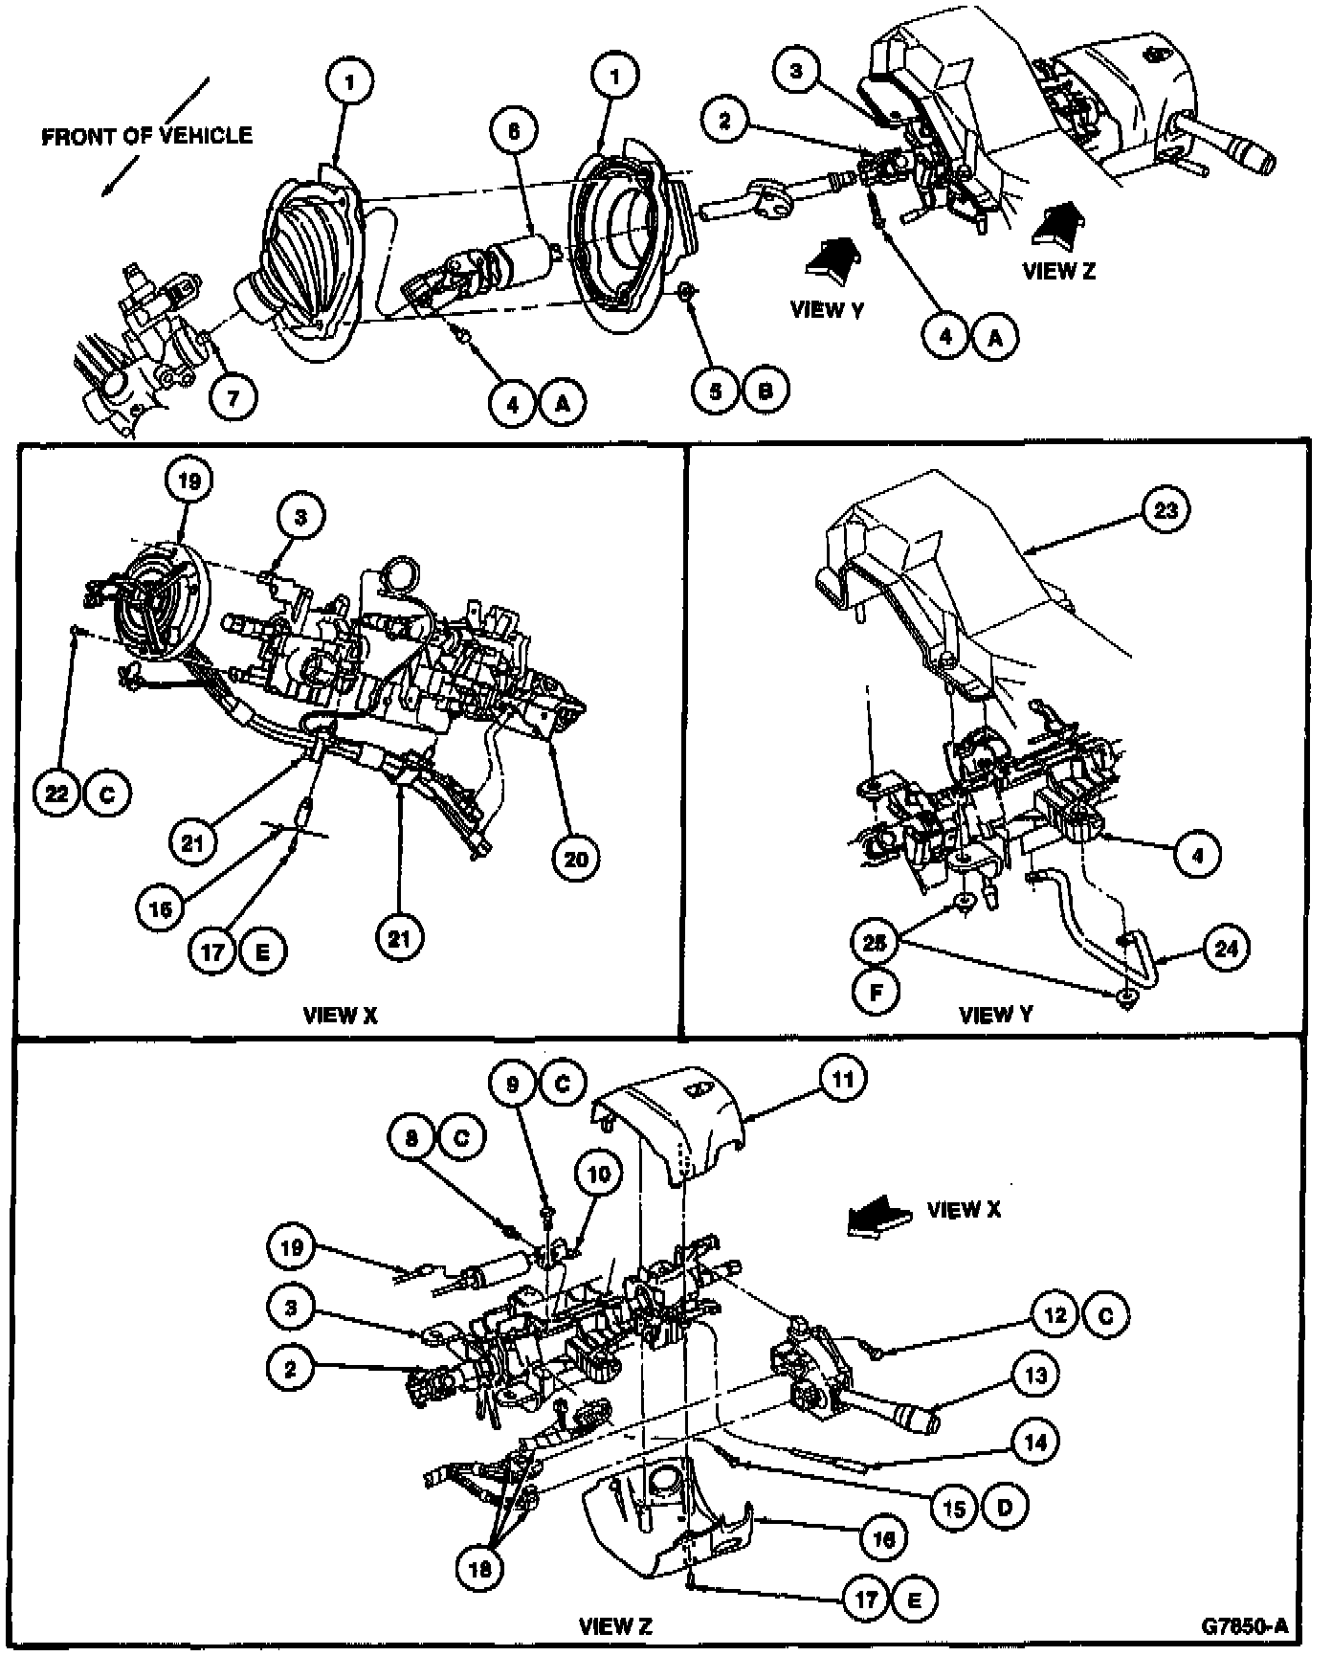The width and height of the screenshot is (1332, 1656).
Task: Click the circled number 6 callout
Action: click(x=514, y=130)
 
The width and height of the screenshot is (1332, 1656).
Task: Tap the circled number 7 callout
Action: click(x=234, y=395)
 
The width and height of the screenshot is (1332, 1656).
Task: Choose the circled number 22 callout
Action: click(x=58, y=794)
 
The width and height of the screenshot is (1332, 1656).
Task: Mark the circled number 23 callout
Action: click(x=1165, y=510)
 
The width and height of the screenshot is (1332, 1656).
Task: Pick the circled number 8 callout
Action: click(x=412, y=1137)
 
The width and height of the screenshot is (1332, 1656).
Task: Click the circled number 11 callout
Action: click(x=842, y=1079)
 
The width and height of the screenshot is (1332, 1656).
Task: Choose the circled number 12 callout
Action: click(x=1054, y=1315)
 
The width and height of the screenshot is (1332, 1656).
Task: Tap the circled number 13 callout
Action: click(x=1035, y=1376)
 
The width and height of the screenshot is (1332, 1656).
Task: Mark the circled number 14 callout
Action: click(x=1035, y=1442)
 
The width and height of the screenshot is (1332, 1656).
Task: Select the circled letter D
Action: click(x=1005, y=1508)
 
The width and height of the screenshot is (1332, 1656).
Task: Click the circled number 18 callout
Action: click(x=479, y=1568)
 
